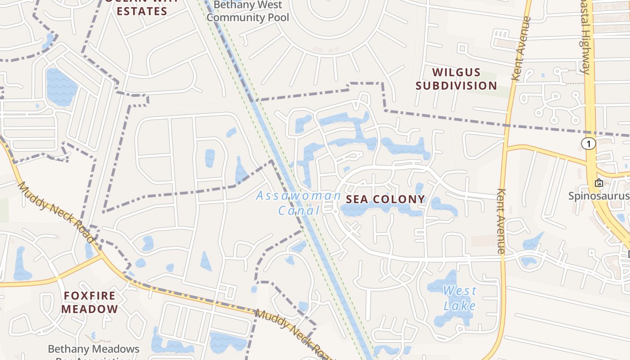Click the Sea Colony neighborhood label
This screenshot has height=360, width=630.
point(385,199)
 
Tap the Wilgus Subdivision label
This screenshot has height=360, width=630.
point(456,79)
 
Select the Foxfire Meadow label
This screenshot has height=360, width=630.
point(90,302)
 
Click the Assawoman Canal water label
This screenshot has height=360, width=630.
point(298,202)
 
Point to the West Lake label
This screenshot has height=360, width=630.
point(459,298)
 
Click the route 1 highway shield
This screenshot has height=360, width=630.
point(588,144)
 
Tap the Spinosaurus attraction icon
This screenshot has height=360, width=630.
point(598,183)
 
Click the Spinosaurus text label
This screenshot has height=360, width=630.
point(598,196)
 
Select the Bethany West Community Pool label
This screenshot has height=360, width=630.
point(247,12)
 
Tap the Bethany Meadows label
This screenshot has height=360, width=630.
point(94,349)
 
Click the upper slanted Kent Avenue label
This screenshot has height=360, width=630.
point(522,49)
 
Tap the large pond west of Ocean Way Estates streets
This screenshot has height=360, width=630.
point(61,87)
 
